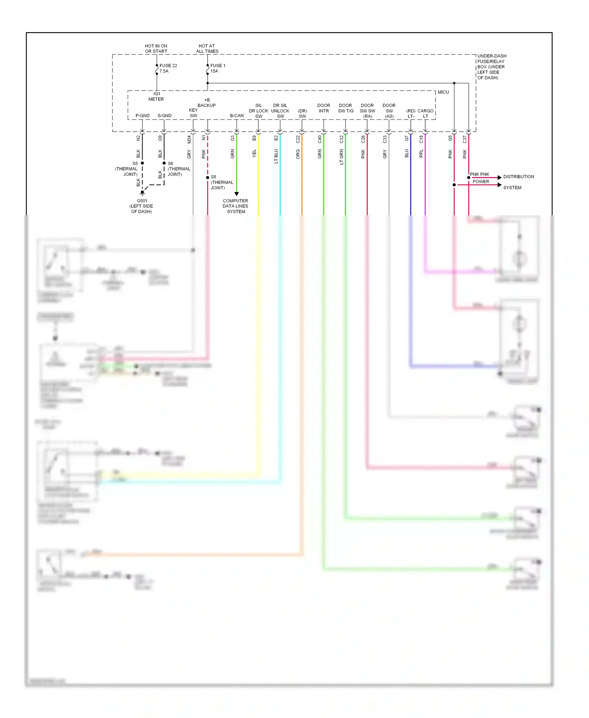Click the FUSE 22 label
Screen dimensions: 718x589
tap(168, 66)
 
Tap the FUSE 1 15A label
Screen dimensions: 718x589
tap(218, 68)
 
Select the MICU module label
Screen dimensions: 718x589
tap(443, 92)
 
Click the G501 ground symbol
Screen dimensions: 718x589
tap(143, 192)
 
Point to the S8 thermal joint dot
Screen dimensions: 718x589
tap(208, 178)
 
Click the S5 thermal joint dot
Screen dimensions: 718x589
tap(143, 163)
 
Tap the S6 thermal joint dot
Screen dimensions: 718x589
tap(164, 163)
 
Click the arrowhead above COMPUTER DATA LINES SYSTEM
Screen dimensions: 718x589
tap(236, 194)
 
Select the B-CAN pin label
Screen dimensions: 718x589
tap(237, 116)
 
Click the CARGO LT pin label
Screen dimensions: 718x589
tap(425, 114)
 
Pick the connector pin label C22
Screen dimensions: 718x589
tap(298, 139)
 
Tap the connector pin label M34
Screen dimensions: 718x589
tap(189, 139)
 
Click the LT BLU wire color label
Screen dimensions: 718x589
tap(276, 156)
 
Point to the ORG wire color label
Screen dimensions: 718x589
tap(298, 154)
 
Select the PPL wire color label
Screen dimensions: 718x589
tap(421, 153)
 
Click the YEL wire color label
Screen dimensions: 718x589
tap(254, 154)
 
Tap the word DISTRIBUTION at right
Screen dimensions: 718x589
tap(518, 177)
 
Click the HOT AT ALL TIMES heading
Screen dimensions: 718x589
tap(207, 49)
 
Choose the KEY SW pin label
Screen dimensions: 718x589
tap(193, 113)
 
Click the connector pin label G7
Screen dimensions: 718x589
tap(406, 138)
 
